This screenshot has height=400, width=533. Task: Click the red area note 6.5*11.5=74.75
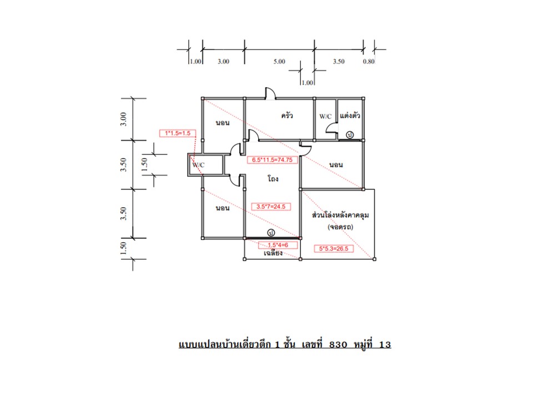coord(272,160)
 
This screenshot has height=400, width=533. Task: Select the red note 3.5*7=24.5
coord(271,207)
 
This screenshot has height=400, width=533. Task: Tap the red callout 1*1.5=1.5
coord(178,133)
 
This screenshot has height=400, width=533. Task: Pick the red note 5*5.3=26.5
coord(334,249)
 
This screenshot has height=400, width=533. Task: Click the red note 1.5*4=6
coord(278,245)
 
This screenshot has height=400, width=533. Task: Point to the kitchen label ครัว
coord(287,116)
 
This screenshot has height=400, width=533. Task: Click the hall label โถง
coord(273,178)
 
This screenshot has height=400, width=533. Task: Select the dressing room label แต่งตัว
coord(350,116)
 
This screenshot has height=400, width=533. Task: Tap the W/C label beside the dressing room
coord(325,116)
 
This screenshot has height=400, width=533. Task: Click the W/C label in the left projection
coord(199,165)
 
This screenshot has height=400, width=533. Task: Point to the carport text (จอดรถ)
coord(340,227)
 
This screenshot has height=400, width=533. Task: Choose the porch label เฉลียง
coord(273,253)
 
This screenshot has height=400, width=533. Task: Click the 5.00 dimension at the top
coord(279,62)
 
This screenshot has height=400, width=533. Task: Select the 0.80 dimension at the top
coord(369,62)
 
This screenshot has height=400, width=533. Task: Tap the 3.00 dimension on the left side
coord(123,119)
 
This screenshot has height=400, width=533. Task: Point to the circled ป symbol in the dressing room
coord(350,135)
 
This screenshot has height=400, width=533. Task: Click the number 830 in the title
coord(338,344)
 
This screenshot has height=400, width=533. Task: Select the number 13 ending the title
coord(385,344)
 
